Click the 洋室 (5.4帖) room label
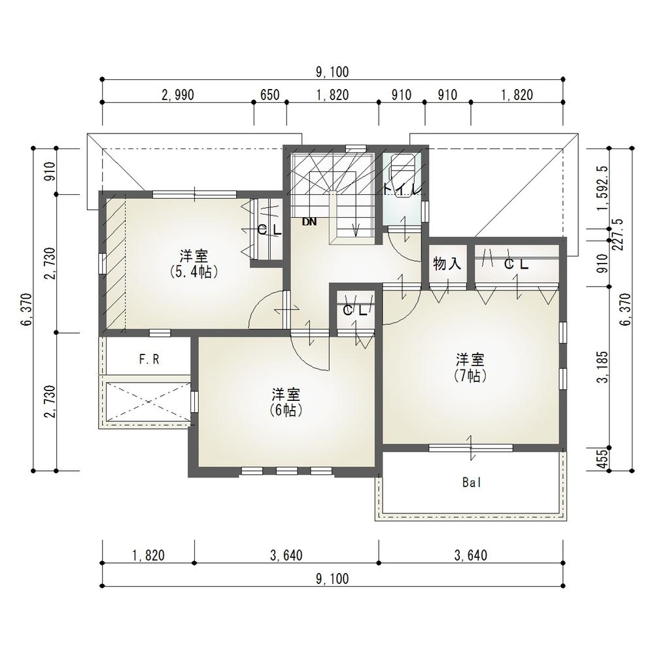click(194, 262)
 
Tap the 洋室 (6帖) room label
click(286, 402)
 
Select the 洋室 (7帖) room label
click(470, 367)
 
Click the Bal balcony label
click(471, 483)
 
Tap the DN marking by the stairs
click(309, 222)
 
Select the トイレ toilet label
click(403, 190)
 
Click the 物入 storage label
click(447, 264)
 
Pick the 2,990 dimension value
click(177, 95)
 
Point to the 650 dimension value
click(269, 95)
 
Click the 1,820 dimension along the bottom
click(147, 556)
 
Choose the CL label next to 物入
click(515, 264)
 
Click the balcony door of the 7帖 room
click(470, 447)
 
